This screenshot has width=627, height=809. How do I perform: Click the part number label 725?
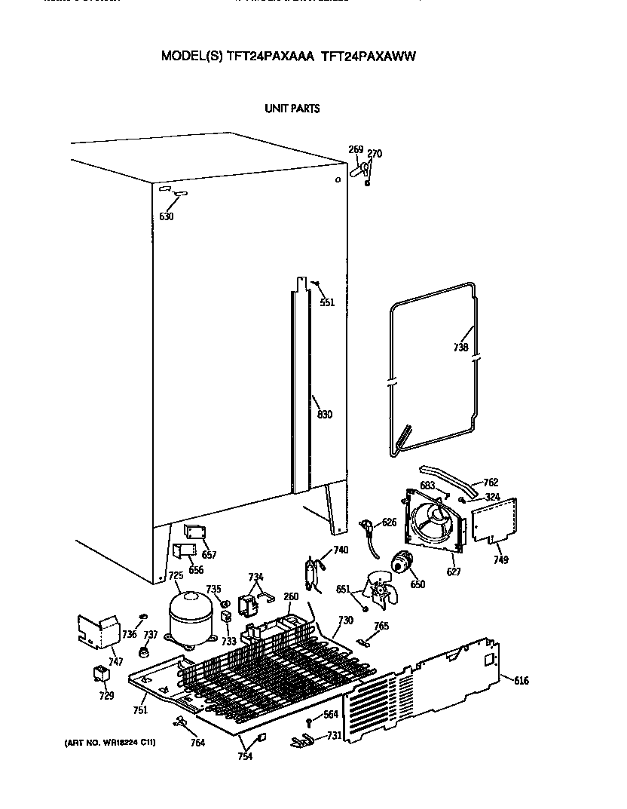pos(176,576)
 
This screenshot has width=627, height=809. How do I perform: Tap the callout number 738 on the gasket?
pos(460,348)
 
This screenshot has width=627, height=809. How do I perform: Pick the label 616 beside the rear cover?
pos(521,682)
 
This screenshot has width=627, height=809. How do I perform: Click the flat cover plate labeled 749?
pos(494,522)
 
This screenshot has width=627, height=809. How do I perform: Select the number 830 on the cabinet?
pos(325,415)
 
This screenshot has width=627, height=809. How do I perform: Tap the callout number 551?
pos(326,302)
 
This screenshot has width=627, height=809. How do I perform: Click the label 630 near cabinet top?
pos(167,216)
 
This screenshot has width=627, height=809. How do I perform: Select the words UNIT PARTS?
pos(292,109)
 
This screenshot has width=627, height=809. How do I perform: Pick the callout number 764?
pos(197,743)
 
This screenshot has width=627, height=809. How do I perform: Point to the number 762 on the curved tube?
pos(491,483)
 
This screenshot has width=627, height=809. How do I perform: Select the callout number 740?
pos(341,550)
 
